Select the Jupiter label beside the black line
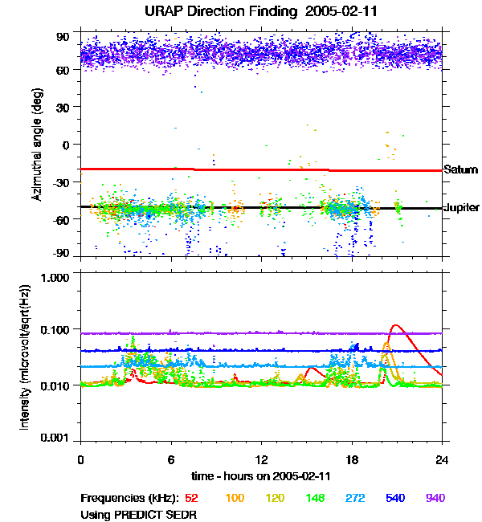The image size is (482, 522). pyautogui.click(x=462, y=207)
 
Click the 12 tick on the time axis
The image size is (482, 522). pyautogui.click(x=262, y=459)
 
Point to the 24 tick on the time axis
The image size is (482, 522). pyautogui.click(x=443, y=459)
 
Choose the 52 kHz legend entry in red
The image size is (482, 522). pyautogui.click(x=191, y=498)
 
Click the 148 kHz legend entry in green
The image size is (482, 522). pyautogui.click(x=315, y=498)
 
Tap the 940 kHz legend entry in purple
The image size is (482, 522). pyautogui.click(x=435, y=498)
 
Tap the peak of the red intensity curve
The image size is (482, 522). pyautogui.click(x=394, y=325)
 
